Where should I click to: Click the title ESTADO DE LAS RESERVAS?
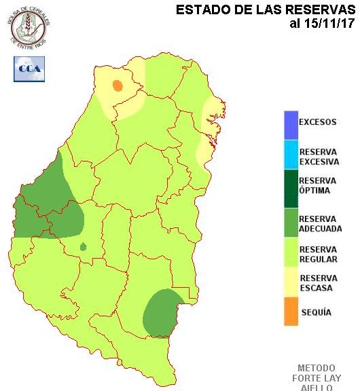(266, 10)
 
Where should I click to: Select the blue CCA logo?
(29, 69)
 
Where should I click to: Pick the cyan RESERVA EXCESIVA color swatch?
(291, 155)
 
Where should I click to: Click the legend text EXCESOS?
(318, 123)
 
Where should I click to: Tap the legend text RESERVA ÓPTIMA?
(318, 185)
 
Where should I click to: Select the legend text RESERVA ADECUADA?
(320, 224)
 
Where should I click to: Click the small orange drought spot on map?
(117, 86)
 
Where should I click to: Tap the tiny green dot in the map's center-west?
(83, 246)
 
